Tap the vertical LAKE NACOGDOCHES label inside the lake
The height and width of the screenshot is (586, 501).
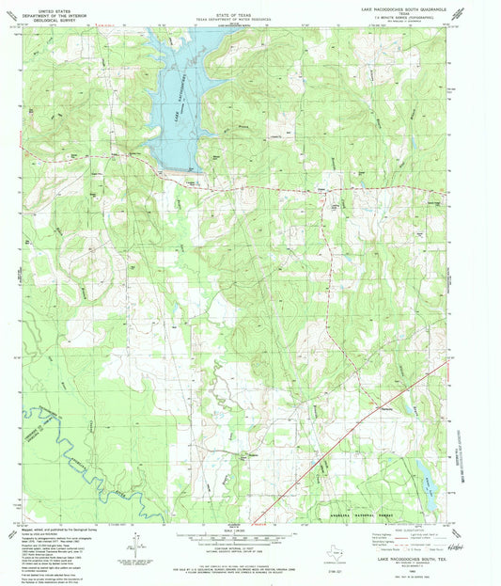(x=177, y=92)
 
